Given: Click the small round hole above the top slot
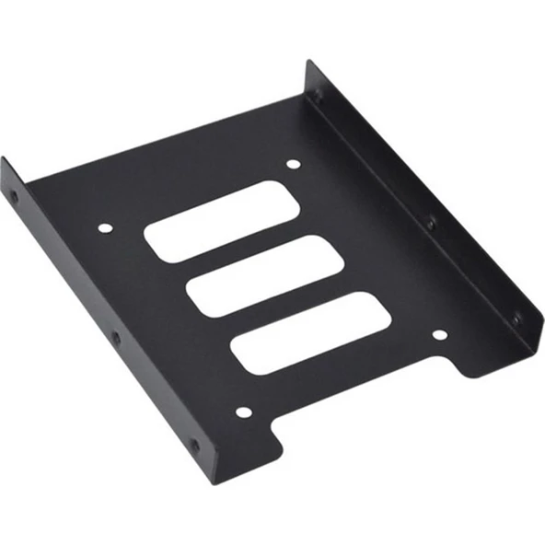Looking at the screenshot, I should click(x=293, y=166).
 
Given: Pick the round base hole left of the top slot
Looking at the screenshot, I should click(x=104, y=226).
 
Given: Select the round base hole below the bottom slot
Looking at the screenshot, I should click(x=242, y=412).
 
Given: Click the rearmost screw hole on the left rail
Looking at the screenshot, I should click(x=14, y=196).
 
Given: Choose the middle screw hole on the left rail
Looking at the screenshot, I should click(x=115, y=338).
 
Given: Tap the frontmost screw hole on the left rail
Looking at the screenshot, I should click(x=193, y=446).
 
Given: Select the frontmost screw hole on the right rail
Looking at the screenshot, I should click(x=516, y=319).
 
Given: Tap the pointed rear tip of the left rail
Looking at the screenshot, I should click(x=3, y=159).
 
